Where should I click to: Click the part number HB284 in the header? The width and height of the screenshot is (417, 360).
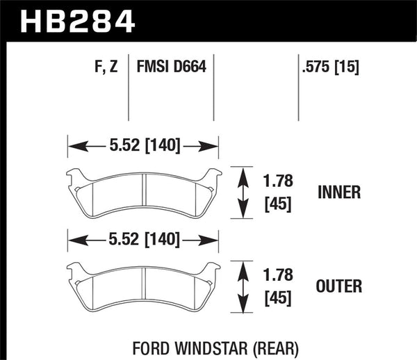coord(77,20)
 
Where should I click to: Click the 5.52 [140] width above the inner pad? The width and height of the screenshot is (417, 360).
coord(142,146)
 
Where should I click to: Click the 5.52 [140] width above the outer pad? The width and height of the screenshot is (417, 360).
coord(142,240)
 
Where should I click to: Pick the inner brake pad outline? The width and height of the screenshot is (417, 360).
coord(143,192)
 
